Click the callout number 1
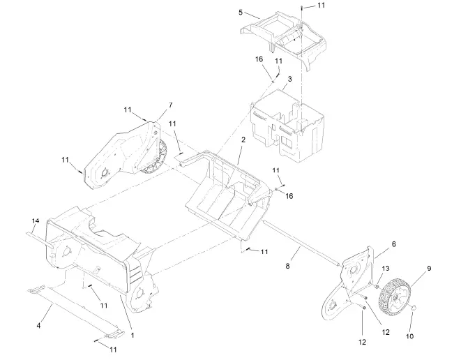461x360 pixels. click(133, 335)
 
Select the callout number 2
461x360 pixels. click(243, 140)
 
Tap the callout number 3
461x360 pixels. click(289, 80)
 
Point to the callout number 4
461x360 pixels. click(38, 324)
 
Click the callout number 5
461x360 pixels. click(241, 13)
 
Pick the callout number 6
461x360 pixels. click(393, 244)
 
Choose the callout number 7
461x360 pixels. click(169, 105)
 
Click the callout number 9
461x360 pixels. click(429, 268)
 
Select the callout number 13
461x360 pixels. click(386, 268)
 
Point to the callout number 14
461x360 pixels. click(34, 221)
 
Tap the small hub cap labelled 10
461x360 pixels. click(414, 307)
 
